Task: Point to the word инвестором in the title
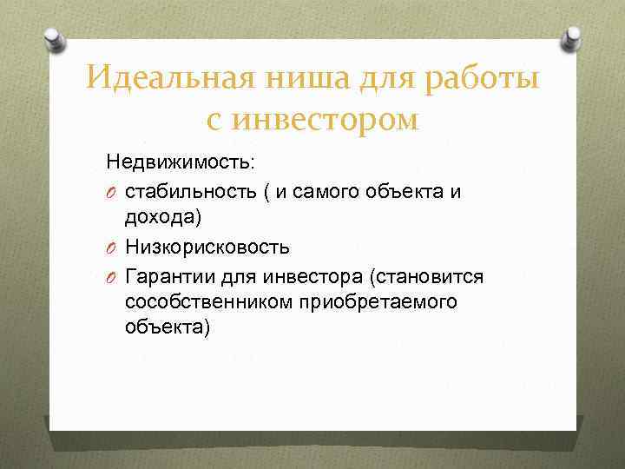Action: coord(326,119)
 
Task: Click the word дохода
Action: coord(164,219)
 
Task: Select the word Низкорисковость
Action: coord(207,247)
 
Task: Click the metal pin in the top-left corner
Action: coord(54,36)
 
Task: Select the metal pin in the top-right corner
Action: coord(573,36)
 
